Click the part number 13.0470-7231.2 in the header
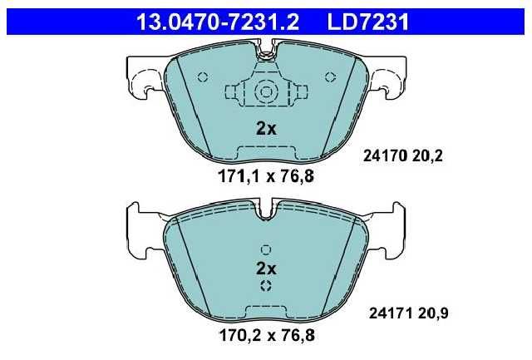218,22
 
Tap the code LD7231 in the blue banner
367,22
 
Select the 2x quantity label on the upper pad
266,129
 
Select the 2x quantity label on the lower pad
266,269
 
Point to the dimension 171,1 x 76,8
266,176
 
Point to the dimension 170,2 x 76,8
267,336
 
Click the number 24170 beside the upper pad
385,156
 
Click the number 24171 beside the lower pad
391,313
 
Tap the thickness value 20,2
428,156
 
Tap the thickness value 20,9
433,313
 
